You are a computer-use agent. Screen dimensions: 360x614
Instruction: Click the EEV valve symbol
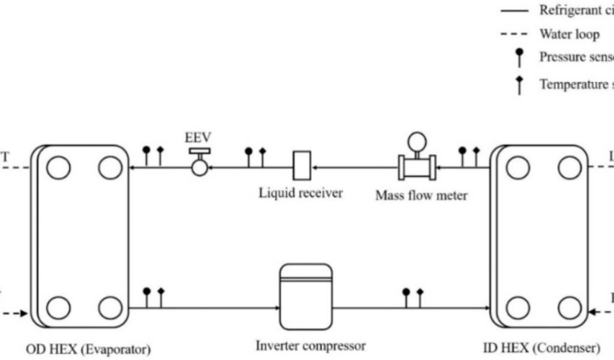click(x=199, y=163)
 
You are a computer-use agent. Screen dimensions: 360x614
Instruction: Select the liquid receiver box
click(x=300, y=165)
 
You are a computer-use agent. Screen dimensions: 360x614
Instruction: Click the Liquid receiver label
click(x=301, y=193)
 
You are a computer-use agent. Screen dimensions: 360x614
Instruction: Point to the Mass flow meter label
click(x=421, y=195)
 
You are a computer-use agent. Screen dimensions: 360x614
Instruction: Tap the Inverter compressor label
click(x=311, y=346)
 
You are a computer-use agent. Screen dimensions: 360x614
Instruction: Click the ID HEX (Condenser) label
click(x=541, y=347)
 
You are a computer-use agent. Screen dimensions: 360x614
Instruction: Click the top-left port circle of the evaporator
click(x=58, y=167)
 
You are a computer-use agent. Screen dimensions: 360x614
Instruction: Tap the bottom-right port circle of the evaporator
click(x=110, y=307)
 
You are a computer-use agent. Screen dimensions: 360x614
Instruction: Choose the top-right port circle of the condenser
click(x=569, y=167)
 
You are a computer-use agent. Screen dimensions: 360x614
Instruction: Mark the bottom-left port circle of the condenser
click(x=517, y=308)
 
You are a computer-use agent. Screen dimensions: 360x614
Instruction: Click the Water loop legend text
click(x=569, y=34)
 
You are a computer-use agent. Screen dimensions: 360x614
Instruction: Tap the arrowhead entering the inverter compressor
click(x=277, y=308)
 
